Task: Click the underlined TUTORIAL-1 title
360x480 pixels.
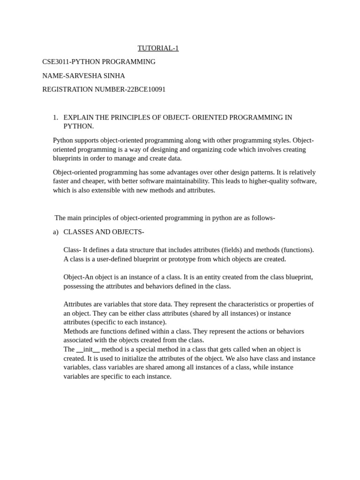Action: click(158, 48)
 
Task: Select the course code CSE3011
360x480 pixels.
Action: click(57, 62)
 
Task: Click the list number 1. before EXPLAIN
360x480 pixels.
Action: click(55, 117)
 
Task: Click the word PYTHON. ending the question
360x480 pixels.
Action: click(79, 126)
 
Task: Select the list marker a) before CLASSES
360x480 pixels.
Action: click(56, 232)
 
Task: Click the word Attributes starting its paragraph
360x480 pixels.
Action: click(78, 304)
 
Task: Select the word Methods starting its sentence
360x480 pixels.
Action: click(75, 331)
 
